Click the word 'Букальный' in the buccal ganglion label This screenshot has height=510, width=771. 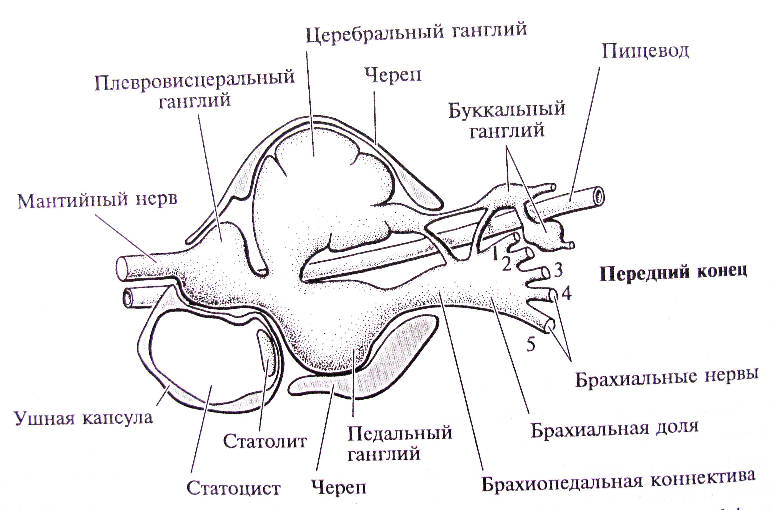(x=507, y=111)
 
